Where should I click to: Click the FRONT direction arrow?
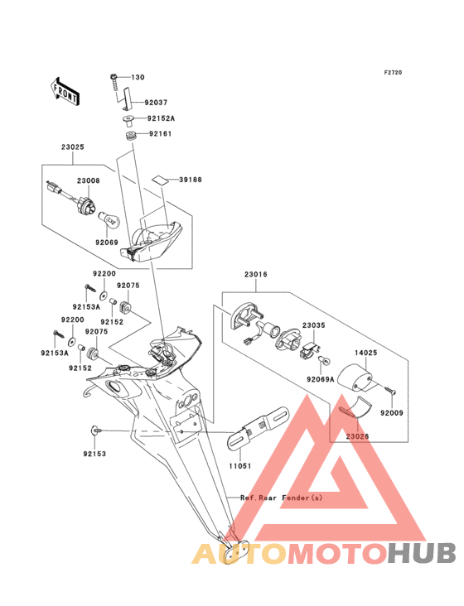point(65,91)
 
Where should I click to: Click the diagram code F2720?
point(393,72)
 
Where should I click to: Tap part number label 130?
point(138,77)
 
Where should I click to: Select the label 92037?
point(156,103)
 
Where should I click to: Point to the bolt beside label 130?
point(114,82)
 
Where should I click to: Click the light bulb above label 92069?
point(110,221)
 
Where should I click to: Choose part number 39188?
point(191,180)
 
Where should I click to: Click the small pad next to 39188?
point(161,180)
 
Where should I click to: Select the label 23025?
point(72,147)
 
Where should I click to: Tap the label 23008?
point(88,180)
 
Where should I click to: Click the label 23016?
point(255,274)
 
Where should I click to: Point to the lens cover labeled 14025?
point(355,378)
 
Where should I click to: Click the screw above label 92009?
point(390,391)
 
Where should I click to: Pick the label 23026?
point(357,436)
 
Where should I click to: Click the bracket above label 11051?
point(259,428)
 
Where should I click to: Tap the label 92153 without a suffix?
point(94,454)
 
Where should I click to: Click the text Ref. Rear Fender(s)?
point(281,498)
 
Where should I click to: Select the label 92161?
point(161,134)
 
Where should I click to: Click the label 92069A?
point(321,379)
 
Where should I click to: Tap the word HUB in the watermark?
point(423,553)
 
